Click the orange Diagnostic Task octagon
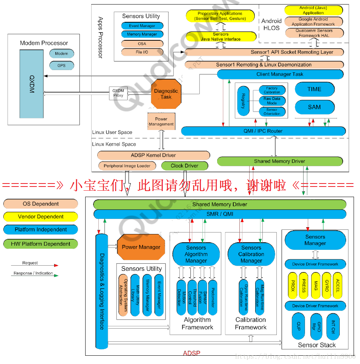(x=166, y=94)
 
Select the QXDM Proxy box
(x=118, y=93)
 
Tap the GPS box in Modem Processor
(x=61, y=66)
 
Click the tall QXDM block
(x=32, y=84)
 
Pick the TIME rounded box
(x=314, y=89)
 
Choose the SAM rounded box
(x=314, y=107)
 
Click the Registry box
(x=244, y=101)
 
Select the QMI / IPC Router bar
(x=263, y=131)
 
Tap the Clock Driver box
(x=185, y=165)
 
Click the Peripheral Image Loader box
(x=127, y=165)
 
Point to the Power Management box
(x=161, y=121)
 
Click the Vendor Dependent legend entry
(x=41, y=217)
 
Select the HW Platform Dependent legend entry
(x=41, y=244)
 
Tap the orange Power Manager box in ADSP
(x=141, y=247)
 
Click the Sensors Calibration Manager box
(x=251, y=254)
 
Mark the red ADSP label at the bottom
(x=191, y=353)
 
